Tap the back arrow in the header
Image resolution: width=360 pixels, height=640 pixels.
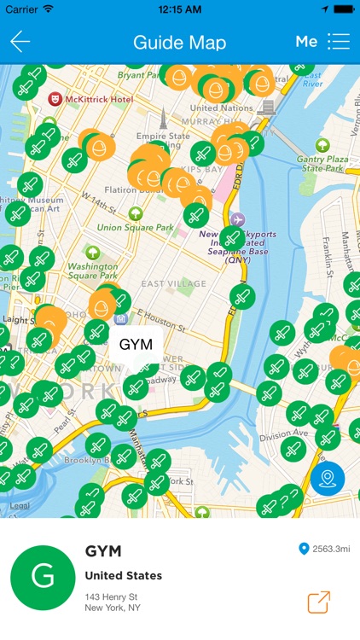pos(20,42)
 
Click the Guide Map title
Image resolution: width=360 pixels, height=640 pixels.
pos(180,42)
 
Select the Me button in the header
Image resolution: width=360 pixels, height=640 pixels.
pos(306,42)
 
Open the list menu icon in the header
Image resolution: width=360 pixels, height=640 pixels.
pos(339,42)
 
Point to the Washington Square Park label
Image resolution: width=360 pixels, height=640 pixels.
pos(92,271)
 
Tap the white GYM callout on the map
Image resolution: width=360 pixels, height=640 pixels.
pos(136,345)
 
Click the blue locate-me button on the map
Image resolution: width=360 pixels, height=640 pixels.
pos(327,480)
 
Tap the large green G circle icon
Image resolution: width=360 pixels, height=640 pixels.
pos(43,578)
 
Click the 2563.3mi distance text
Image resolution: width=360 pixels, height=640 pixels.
pos(331,549)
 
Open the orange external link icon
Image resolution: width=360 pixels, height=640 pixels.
pos(319,602)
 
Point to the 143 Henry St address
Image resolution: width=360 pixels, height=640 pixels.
pos(113,596)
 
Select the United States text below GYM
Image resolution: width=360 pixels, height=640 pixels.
pos(124,575)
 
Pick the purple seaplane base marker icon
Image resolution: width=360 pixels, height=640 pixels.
pos(237,219)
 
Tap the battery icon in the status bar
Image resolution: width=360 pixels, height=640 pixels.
pos(343,9)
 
